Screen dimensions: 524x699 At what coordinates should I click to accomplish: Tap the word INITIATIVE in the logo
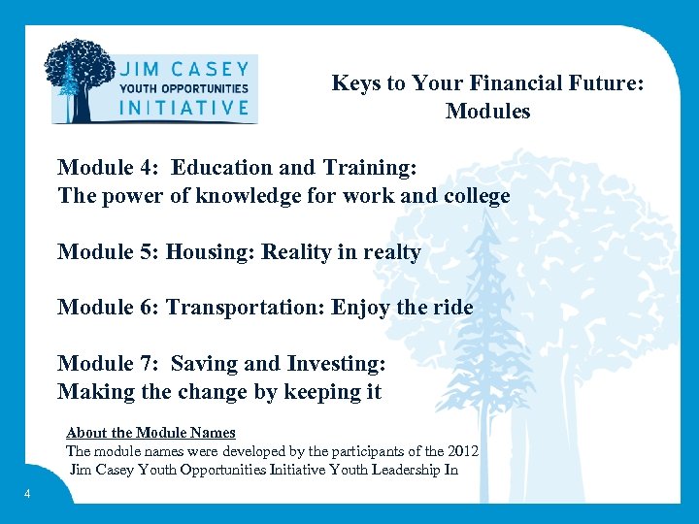coord(183,108)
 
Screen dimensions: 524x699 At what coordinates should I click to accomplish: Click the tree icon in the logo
coord(81,80)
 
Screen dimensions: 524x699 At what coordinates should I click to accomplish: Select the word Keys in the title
coord(356,83)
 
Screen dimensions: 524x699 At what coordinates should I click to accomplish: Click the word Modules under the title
coord(487,112)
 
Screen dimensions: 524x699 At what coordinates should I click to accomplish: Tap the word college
coord(475,196)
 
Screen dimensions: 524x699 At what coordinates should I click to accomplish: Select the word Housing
coord(206,252)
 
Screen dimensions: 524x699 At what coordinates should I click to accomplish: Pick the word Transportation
coord(246,308)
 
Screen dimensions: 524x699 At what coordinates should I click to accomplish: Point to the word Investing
coord(336,364)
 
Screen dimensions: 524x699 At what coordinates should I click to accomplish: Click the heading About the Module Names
coord(150,433)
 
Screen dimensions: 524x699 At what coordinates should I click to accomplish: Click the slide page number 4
coord(27,495)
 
